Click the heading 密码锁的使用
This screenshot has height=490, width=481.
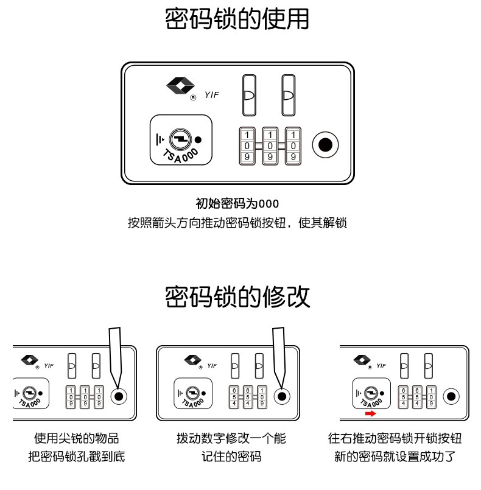click(237, 19)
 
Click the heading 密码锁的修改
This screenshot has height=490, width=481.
click(237, 297)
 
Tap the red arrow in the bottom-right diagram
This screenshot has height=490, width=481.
click(370, 413)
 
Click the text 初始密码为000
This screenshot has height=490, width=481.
click(237, 203)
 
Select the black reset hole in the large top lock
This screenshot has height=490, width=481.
click(326, 145)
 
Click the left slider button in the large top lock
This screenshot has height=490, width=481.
click(248, 95)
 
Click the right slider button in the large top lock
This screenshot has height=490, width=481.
click(288, 95)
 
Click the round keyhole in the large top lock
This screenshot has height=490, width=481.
click(180, 139)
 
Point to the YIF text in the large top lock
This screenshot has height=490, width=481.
click(211, 95)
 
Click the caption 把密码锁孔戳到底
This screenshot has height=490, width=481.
click(76, 457)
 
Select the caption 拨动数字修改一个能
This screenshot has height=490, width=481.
click(231, 438)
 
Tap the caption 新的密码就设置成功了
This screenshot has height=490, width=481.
click(395, 457)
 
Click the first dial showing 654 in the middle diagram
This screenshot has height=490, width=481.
click(234, 396)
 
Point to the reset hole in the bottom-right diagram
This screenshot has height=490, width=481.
click(451, 396)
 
